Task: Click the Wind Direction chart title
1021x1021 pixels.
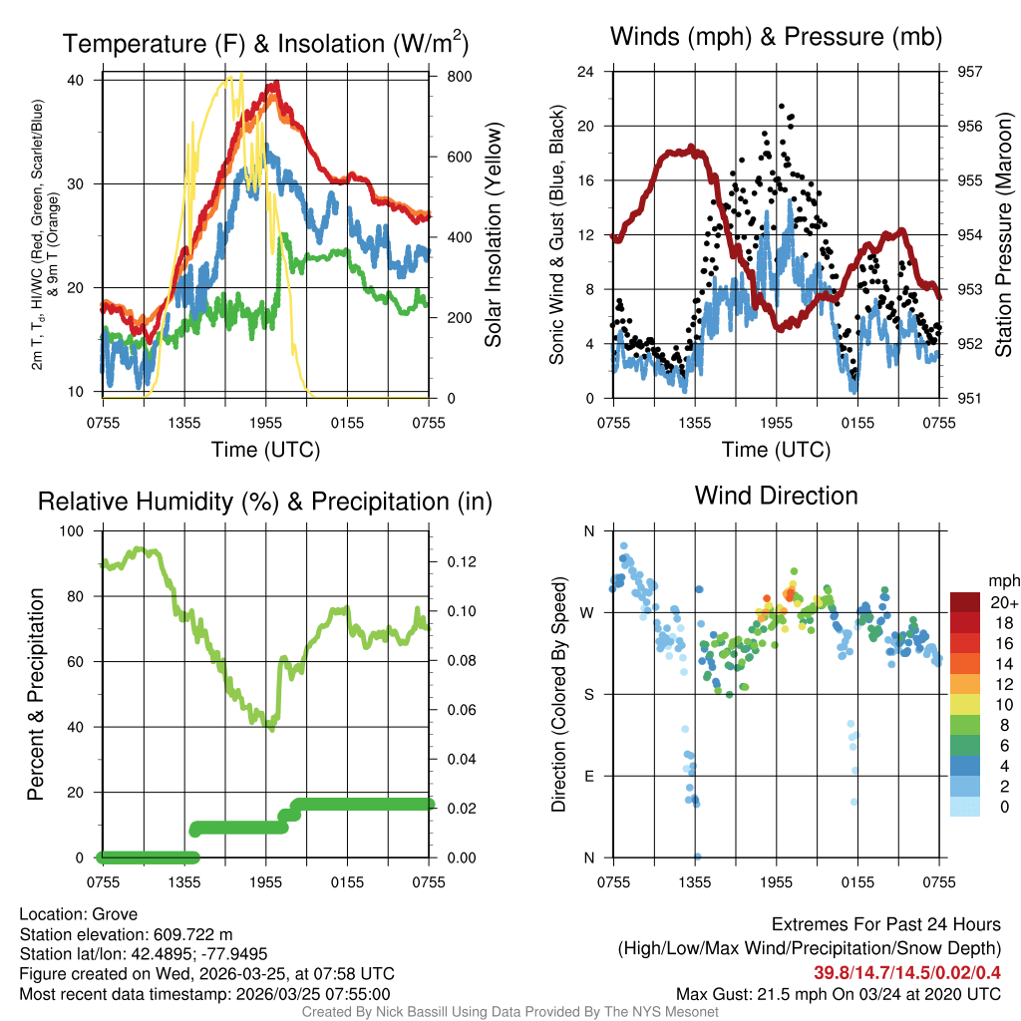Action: click(776, 496)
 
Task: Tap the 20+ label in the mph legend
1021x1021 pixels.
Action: click(1003, 602)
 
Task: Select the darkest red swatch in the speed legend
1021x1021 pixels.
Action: click(964, 602)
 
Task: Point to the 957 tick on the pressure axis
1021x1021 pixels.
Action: click(969, 72)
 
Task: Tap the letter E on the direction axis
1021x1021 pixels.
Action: click(588, 776)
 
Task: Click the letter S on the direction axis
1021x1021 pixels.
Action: click(588, 694)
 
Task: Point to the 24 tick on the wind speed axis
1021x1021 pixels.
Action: click(586, 72)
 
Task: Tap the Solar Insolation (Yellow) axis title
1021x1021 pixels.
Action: click(494, 235)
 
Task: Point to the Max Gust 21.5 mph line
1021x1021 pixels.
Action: click(838, 993)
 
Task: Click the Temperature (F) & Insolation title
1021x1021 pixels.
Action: click(265, 45)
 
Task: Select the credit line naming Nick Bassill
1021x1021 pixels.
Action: click(510, 1011)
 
